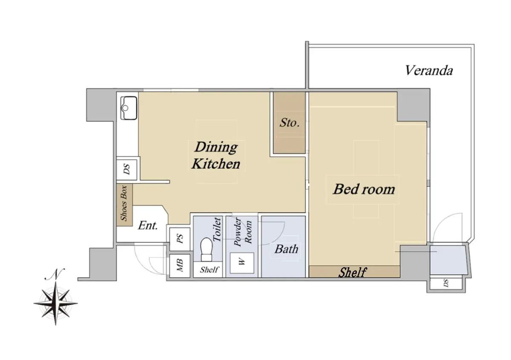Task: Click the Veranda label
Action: [x=429, y=71]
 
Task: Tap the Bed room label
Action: [x=364, y=189]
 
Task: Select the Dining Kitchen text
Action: [x=216, y=155]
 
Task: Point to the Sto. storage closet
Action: [x=289, y=123]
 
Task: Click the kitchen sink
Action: [x=129, y=108]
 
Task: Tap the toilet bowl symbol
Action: [x=206, y=249]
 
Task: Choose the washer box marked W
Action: [x=242, y=263]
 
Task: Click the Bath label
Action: [x=286, y=249]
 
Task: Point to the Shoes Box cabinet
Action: [x=124, y=205]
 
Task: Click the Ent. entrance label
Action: [x=148, y=226]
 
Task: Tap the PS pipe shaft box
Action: [x=180, y=239]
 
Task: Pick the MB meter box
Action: [x=180, y=266]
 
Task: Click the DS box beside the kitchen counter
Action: [x=127, y=169]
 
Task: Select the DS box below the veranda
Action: [x=446, y=283]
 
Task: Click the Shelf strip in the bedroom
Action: [x=354, y=272]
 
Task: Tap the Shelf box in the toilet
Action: [x=208, y=269]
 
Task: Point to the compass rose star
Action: [x=55, y=304]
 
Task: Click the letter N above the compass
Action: [x=55, y=274]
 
